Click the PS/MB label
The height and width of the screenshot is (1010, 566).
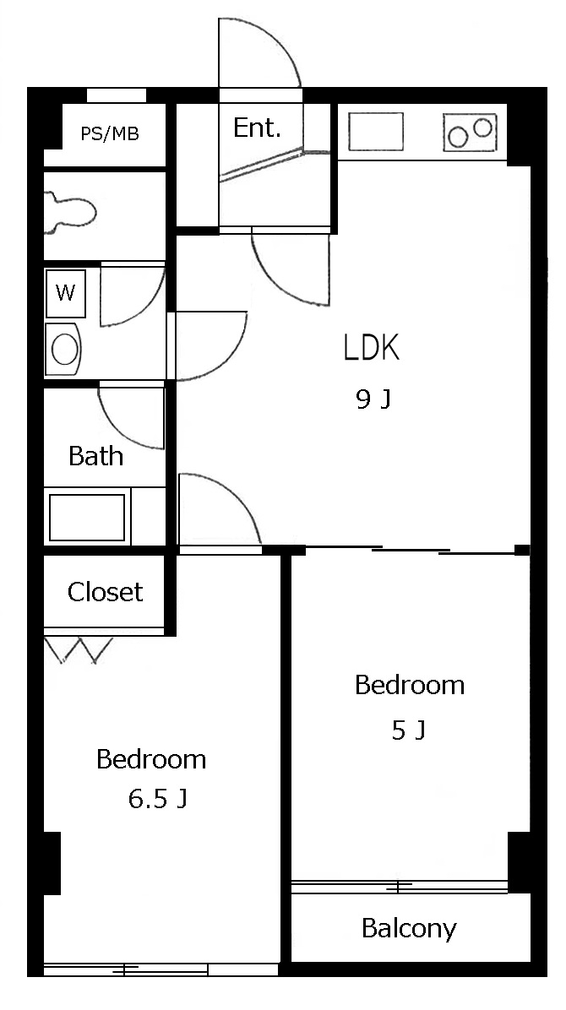pyautogui.click(x=110, y=134)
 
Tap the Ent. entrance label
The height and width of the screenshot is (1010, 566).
pyautogui.click(x=257, y=128)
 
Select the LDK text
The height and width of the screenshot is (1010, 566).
pyautogui.click(x=372, y=348)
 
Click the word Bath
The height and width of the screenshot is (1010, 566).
pyautogui.click(x=95, y=456)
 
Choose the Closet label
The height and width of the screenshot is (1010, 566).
pyautogui.click(x=105, y=592)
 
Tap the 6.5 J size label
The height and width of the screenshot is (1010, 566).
pyautogui.click(x=157, y=800)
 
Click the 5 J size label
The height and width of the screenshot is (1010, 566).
pyautogui.click(x=408, y=730)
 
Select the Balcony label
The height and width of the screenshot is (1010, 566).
pyautogui.click(x=409, y=928)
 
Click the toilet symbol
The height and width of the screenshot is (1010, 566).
pyautogui.click(x=69, y=211)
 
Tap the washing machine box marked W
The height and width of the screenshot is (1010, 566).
pyautogui.click(x=66, y=293)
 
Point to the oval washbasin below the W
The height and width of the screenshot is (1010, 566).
pyautogui.click(x=64, y=349)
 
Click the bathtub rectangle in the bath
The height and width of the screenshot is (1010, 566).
pyautogui.click(x=87, y=517)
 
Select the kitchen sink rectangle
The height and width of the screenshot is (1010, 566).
pyautogui.click(x=376, y=132)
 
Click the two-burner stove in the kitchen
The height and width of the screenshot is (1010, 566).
pyautogui.click(x=470, y=132)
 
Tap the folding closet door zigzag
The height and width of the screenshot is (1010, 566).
pyautogui.click(x=79, y=650)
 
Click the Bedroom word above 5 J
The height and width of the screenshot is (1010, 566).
pyautogui.click(x=410, y=685)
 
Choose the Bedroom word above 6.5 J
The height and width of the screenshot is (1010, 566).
pyautogui.click(x=151, y=759)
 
